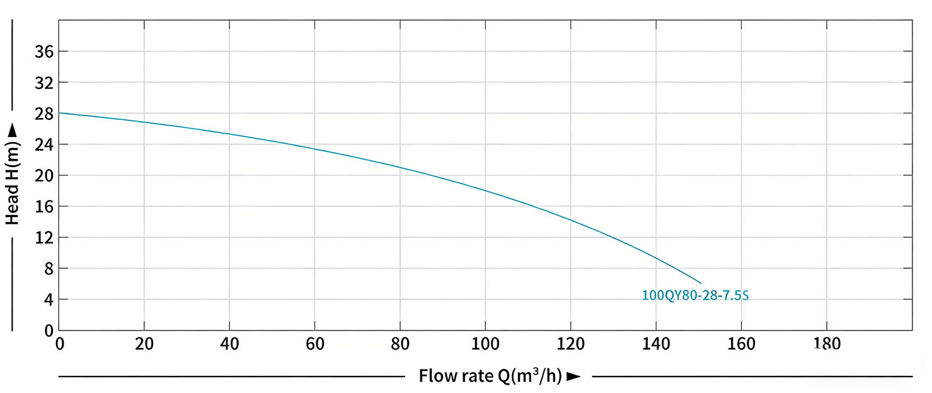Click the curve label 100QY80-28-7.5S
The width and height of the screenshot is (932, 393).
(x=695, y=295)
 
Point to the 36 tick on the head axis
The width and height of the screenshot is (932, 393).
(x=42, y=52)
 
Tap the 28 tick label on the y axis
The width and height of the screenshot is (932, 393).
(x=42, y=114)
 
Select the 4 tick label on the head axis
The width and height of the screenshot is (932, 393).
(x=47, y=300)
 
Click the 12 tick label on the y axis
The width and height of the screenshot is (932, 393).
(x=42, y=238)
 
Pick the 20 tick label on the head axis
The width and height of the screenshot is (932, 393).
(x=42, y=175)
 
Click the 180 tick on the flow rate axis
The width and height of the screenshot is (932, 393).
(x=827, y=344)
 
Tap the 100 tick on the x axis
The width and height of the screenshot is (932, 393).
(x=485, y=344)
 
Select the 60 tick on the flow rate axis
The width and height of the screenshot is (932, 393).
(x=314, y=344)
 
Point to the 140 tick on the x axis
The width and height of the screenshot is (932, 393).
(x=656, y=344)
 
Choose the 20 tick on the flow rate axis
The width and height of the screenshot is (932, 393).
(x=144, y=344)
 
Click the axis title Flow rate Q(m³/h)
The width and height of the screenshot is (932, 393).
(x=490, y=376)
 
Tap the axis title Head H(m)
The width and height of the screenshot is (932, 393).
(x=13, y=184)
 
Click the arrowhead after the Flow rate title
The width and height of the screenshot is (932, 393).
(x=573, y=377)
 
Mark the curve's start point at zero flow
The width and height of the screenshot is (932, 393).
(x=59, y=113)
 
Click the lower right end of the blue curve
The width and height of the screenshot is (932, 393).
(x=701, y=283)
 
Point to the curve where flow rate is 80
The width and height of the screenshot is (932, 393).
(x=400, y=167)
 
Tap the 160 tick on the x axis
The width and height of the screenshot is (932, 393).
(x=741, y=344)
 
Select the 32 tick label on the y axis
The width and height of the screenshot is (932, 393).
(x=42, y=83)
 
